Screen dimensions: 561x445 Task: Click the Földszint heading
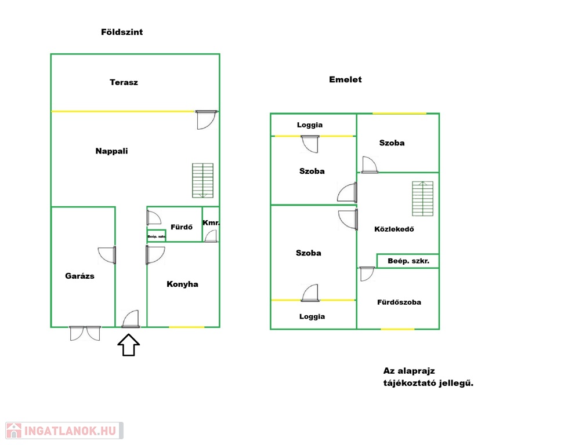click(122, 32)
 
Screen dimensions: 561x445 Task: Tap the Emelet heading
click(345, 79)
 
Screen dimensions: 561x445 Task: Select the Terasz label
click(124, 82)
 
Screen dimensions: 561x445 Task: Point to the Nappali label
click(111, 151)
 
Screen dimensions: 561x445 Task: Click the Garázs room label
click(80, 276)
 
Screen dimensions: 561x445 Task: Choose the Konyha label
click(183, 284)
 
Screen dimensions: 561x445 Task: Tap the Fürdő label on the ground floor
click(182, 227)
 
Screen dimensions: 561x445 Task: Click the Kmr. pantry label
click(211, 222)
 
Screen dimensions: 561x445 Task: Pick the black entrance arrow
click(129, 345)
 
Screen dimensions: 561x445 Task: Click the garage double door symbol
click(85, 333)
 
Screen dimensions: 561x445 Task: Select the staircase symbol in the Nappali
click(203, 181)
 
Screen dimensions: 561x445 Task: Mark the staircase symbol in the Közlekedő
click(422, 199)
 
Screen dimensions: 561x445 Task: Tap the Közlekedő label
click(394, 229)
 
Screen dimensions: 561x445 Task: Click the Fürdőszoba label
click(399, 302)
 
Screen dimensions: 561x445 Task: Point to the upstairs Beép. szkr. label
click(408, 261)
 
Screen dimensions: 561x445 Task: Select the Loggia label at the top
click(310, 125)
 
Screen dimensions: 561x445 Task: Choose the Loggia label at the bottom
click(312, 317)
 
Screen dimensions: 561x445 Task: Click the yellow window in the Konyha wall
click(186, 327)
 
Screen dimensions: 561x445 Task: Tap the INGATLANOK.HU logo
click(64, 431)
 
